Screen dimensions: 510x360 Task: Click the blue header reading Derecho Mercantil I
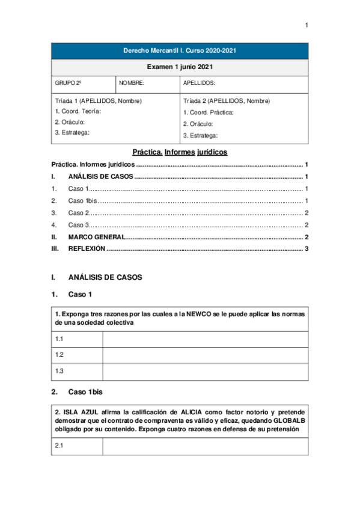point(180,51)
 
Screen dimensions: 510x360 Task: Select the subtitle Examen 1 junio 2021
point(180,67)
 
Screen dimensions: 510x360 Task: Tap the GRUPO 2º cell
point(68,84)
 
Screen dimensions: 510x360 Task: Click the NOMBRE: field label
point(132,84)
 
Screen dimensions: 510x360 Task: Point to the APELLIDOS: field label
point(199,84)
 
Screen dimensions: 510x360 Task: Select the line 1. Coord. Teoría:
point(78,111)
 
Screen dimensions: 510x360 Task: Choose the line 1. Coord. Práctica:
point(208,112)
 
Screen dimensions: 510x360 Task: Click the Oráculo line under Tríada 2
point(200,124)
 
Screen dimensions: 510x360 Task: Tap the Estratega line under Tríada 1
point(72,132)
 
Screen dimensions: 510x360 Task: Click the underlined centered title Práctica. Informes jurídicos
point(180,153)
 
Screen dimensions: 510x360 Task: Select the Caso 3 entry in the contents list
point(79,225)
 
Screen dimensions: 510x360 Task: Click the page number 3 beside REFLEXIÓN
point(307,248)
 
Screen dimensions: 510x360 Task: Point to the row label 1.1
point(59,339)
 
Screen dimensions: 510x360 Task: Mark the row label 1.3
point(59,371)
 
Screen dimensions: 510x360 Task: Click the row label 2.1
point(59,446)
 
